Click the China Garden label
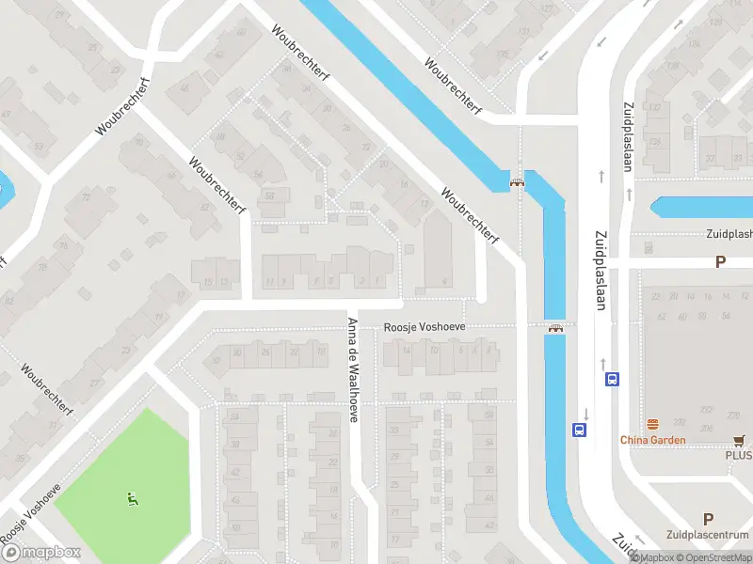(x=652, y=439)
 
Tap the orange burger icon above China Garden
(x=651, y=424)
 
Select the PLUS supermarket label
(x=738, y=455)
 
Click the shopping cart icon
(x=740, y=439)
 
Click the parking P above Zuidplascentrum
(x=708, y=518)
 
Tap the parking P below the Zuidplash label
(x=720, y=262)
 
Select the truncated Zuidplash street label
(x=729, y=234)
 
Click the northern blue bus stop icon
(x=612, y=380)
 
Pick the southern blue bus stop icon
(x=578, y=430)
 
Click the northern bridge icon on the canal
(x=516, y=182)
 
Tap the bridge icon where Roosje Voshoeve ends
(x=555, y=328)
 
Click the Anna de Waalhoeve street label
(x=353, y=369)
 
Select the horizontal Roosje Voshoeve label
(x=425, y=327)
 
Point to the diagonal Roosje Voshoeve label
(x=30, y=511)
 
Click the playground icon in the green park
(x=131, y=498)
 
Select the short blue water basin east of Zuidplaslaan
(x=701, y=207)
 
